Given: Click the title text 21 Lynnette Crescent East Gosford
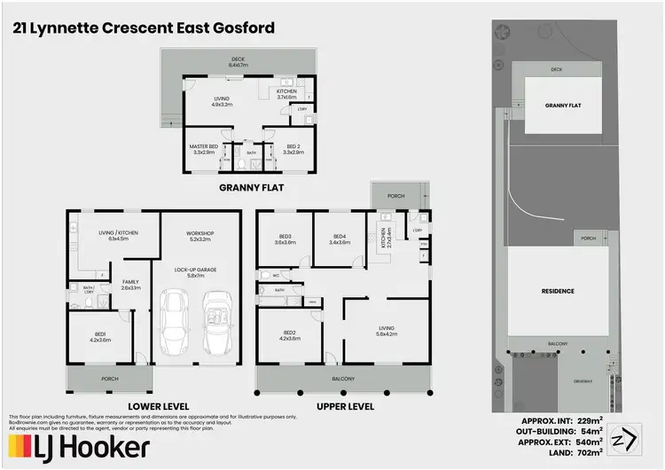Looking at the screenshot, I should pos(143,28).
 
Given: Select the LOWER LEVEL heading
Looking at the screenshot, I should pos(159,406).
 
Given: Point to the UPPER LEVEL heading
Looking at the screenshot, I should pos(343,406).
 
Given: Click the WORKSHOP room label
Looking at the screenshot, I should pos(200,235).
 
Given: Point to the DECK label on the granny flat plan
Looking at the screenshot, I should pos(239,62).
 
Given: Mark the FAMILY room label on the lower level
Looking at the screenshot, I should pos(130,284).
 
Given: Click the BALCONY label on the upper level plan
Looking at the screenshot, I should pos(343,380).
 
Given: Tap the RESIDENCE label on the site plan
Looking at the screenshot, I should pos(558,291).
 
